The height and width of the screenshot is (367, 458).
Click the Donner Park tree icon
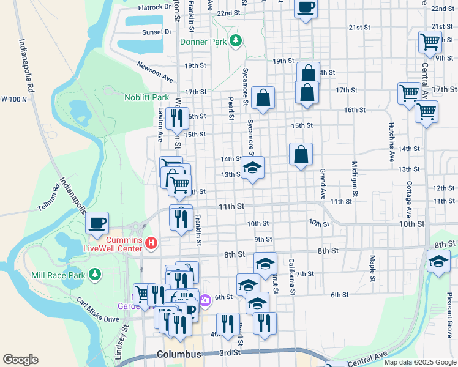click(236, 41)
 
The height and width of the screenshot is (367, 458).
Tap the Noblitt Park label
click(146, 97)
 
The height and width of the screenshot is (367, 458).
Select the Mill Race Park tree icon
click(94, 275)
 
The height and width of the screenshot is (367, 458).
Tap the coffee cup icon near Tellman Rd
click(97, 223)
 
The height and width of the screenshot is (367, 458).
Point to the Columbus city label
click(179, 354)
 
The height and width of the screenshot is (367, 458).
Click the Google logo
click(20, 360)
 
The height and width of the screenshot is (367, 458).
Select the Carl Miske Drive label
click(98, 310)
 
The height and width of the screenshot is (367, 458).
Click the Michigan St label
click(354, 175)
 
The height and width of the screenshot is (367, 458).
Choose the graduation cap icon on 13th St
click(252, 167)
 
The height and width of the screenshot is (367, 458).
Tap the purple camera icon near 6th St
click(205, 300)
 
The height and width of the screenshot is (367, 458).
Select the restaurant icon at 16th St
click(177, 117)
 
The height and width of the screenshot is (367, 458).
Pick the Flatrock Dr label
click(154, 7)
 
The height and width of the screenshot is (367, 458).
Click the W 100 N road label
click(14, 98)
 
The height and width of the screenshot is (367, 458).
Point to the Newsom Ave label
click(156, 72)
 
